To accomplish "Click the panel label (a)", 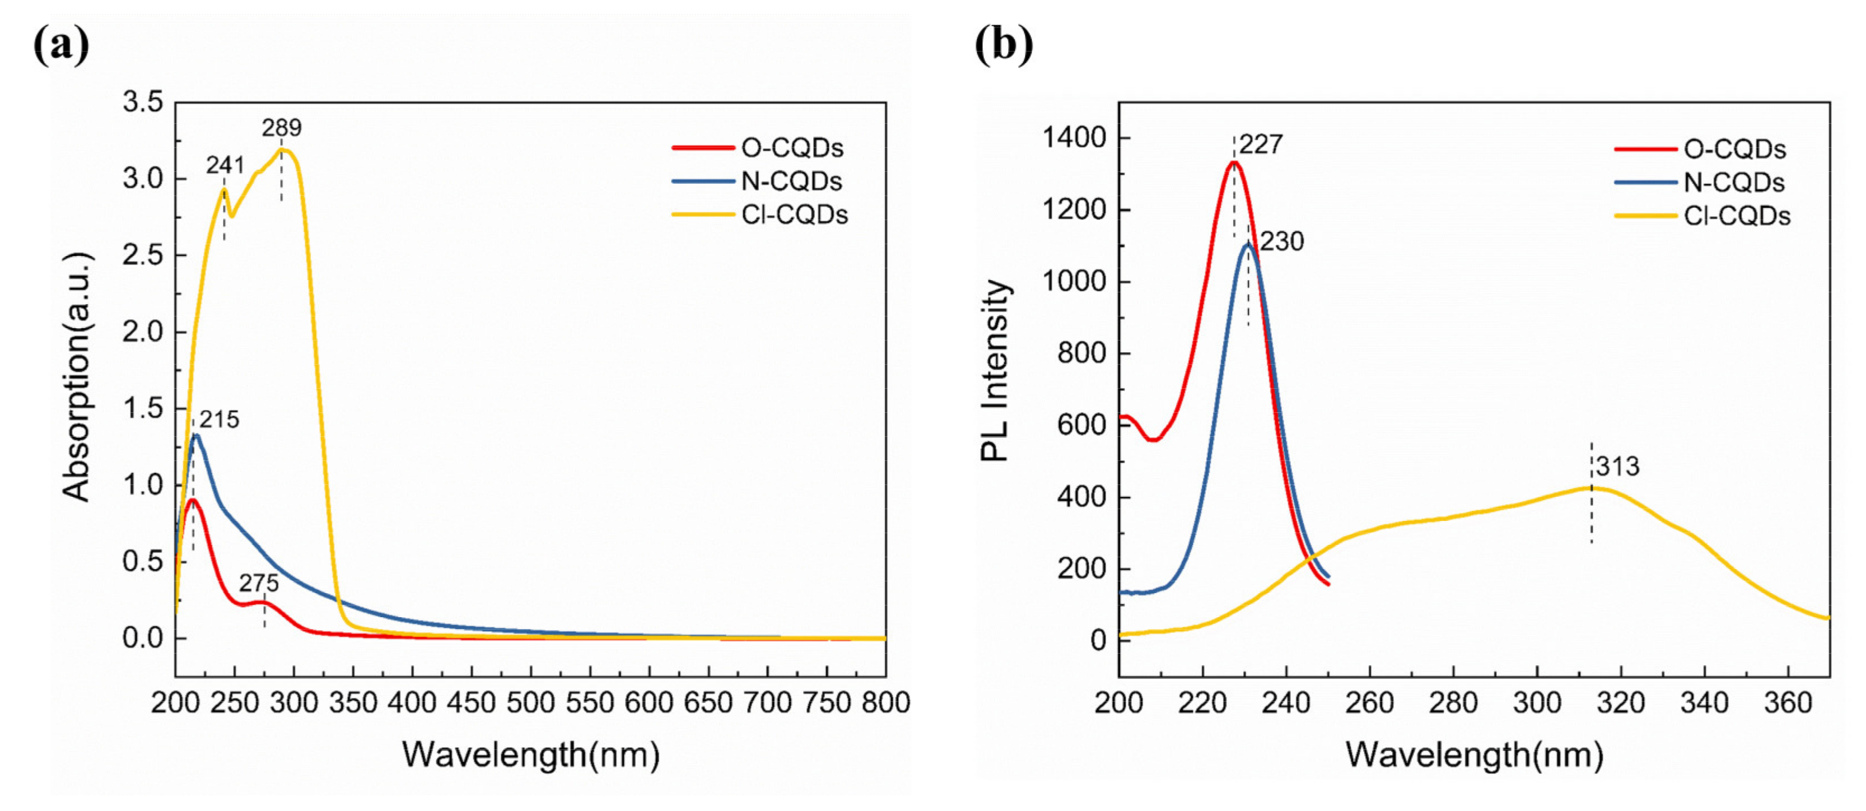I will (62, 45).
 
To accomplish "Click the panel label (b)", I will (1004, 45).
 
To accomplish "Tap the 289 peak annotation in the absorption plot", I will (281, 128).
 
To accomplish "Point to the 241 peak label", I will (225, 166).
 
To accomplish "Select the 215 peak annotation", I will (220, 420).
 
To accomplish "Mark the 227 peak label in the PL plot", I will (1261, 145).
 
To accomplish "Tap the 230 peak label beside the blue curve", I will (1281, 241).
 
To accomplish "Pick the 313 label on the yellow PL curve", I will (1617, 467).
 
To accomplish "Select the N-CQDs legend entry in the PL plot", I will (1733, 183).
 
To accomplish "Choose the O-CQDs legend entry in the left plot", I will (792, 148).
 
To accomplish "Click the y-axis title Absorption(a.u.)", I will (77, 377).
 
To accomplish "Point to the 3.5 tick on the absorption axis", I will (143, 102).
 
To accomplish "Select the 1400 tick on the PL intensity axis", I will (1074, 138).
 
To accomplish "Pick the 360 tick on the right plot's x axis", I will (1788, 703).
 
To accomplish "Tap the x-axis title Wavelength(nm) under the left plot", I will (530, 755).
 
